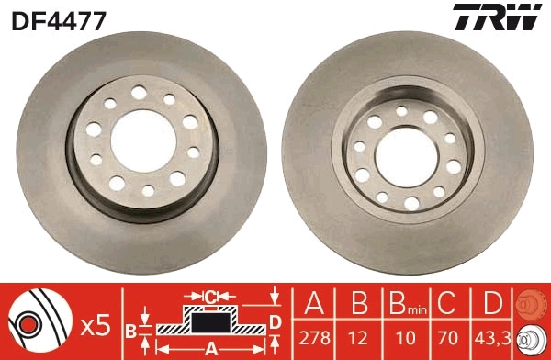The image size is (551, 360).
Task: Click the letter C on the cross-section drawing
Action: coord(210,296)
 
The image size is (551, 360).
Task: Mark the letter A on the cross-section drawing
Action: coord(210,348)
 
